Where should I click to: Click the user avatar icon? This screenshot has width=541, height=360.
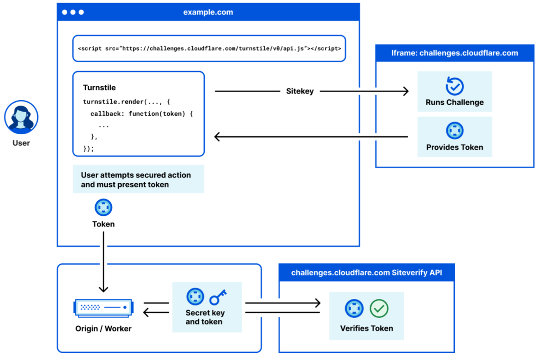(21, 117)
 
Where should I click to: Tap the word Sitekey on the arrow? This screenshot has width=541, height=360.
(300, 91)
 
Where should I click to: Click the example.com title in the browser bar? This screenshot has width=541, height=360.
(208, 12)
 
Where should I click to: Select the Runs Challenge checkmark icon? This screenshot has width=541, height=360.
(454, 86)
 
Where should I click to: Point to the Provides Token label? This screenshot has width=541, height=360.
(454, 147)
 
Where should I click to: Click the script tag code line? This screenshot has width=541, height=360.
(209, 49)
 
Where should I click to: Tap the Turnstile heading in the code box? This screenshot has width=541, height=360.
(99, 88)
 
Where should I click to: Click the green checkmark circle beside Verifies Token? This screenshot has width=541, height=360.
(379, 308)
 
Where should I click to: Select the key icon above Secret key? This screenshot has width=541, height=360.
(218, 297)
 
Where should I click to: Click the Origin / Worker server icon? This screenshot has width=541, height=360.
(104, 308)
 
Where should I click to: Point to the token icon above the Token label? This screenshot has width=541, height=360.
(103, 208)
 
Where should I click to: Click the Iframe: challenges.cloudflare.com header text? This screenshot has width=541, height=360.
(454, 53)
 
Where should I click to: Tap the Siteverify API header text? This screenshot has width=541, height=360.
(366, 273)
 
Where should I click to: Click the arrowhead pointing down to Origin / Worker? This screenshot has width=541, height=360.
(104, 289)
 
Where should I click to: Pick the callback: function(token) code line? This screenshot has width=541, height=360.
(141, 114)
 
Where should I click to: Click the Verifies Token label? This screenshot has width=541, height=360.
(366, 328)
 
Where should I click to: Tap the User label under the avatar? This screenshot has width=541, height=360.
(21, 143)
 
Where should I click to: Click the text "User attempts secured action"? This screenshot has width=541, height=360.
(136, 175)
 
